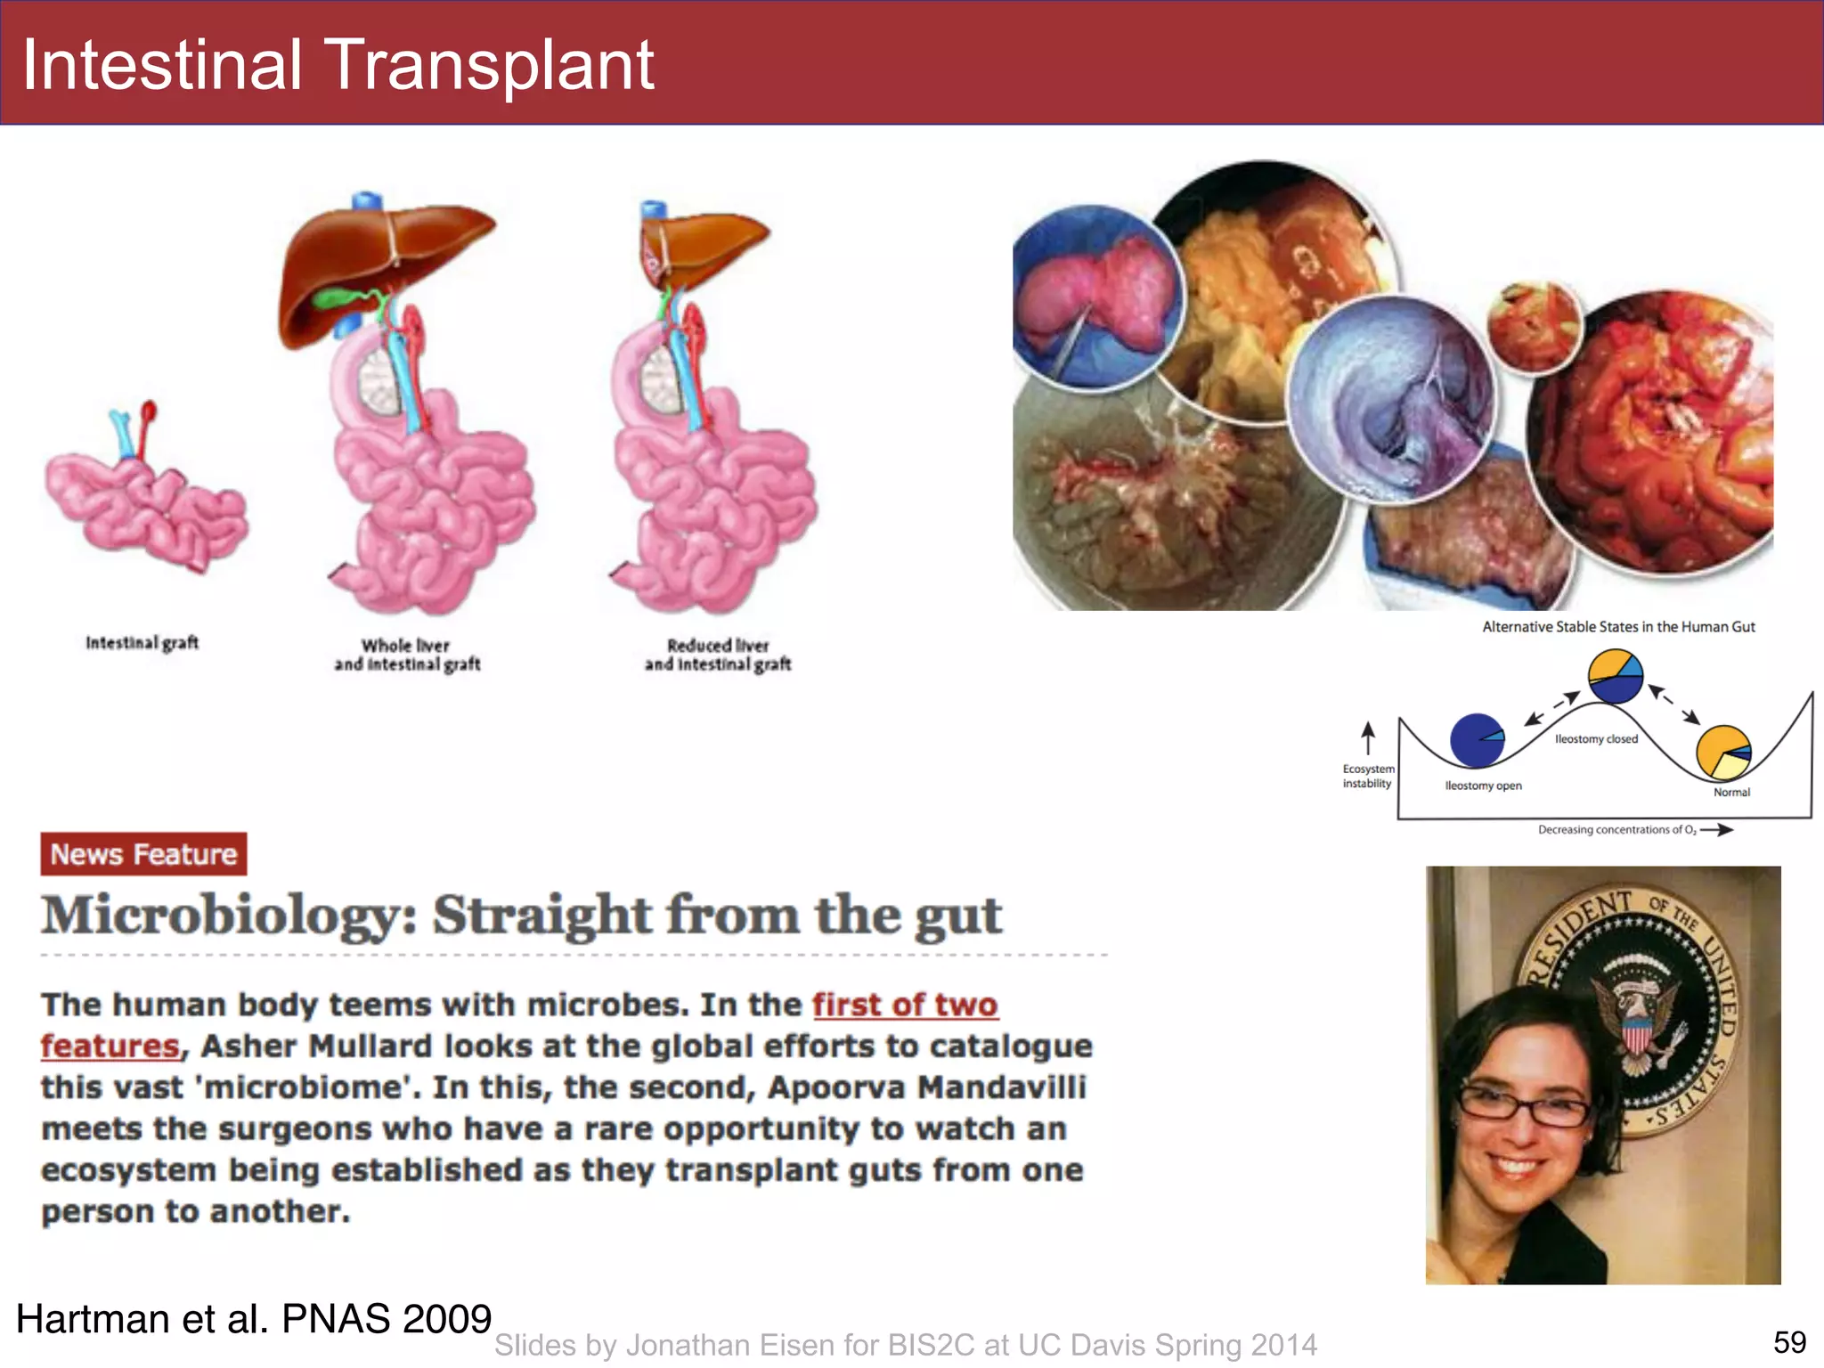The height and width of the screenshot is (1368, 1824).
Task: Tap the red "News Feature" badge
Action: (x=143, y=854)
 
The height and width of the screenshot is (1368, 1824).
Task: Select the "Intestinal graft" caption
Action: (x=142, y=642)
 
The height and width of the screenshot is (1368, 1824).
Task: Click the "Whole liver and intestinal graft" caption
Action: (x=407, y=655)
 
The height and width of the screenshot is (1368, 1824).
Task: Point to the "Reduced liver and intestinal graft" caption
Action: (x=718, y=655)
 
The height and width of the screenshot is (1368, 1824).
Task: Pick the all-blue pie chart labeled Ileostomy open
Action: (x=1477, y=740)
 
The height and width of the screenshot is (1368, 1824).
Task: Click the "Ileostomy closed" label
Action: (x=1596, y=739)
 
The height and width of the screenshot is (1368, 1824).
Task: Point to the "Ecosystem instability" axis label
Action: (x=1368, y=776)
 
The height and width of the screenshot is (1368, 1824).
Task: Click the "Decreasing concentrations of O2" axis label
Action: (x=1617, y=830)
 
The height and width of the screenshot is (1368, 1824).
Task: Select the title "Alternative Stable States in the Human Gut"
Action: (x=1618, y=627)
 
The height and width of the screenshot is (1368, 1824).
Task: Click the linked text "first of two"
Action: (x=905, y=1005)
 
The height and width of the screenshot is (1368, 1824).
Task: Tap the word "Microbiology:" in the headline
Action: (x=229, y=916)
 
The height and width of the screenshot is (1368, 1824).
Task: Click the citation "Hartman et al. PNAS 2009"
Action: (x=254, y=1319)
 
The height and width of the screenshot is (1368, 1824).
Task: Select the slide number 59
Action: (x=1789, y=1342)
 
